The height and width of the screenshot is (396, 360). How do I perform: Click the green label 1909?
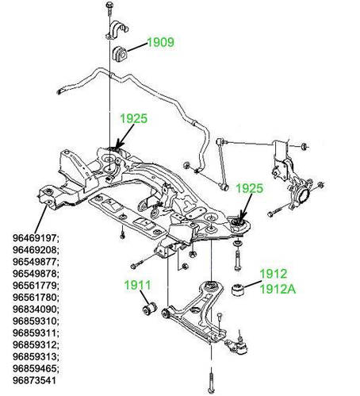pyautogui.click(x=159, y=43)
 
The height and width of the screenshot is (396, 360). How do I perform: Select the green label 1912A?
pyautogui.click(x=278, y=290)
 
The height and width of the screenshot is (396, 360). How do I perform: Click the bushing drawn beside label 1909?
pyautogui.click(x=121, y=54)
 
